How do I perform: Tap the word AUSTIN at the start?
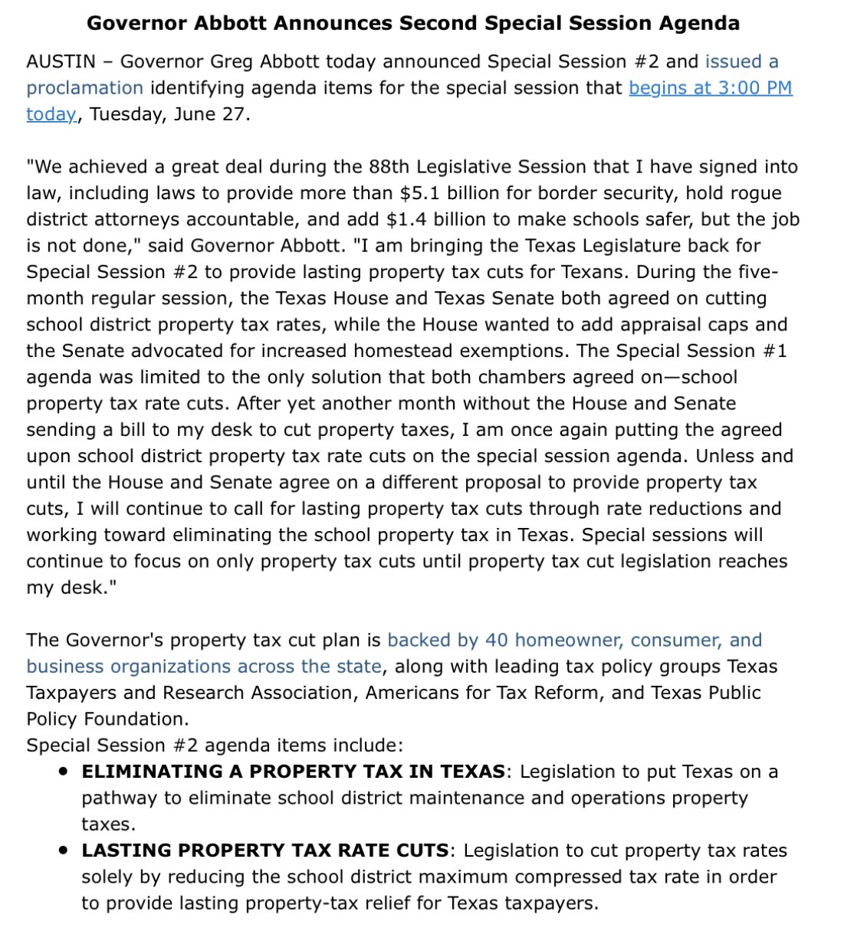[60, 61]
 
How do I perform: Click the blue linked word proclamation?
[84, 88]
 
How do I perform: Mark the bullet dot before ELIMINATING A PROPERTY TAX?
[64, 772]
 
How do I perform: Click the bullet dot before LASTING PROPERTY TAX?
[64, 851]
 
